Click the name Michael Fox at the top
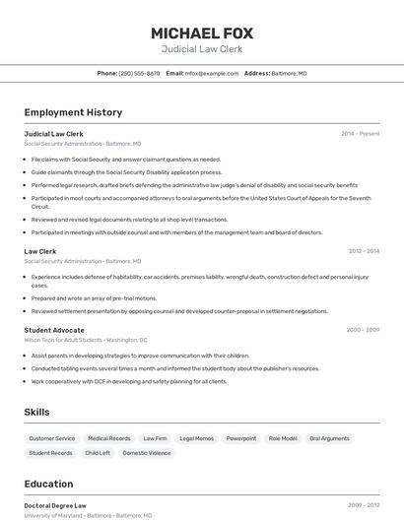coord(201,33)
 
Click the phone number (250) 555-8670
coord(139,73)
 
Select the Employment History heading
coord(73,112)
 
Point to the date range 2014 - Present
coord(360,134)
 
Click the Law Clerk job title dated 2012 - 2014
coord(40,251)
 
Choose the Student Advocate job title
coord(54,330)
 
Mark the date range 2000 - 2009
coord(363,330)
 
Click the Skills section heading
coord(36,412)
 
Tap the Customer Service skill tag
coord(51,438)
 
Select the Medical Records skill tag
coord(108,438)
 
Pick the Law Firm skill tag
coord(155,438)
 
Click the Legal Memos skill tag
coord(197,438)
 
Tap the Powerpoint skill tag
coord(241,438)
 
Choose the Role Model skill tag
coord(283,438)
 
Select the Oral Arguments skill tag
coord(329,438)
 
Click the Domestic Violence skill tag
coord(147,453)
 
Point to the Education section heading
coord(48,484)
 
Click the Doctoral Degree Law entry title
coord(55,505)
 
